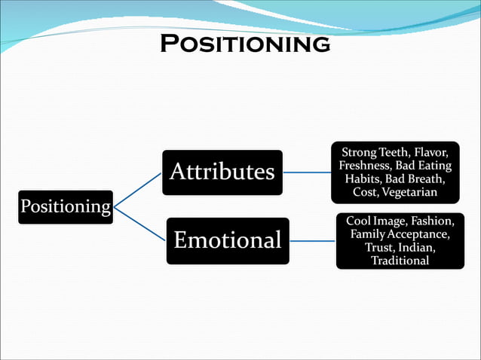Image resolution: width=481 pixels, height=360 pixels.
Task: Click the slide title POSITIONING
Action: coord(245,43)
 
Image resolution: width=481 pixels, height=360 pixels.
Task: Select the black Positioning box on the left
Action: coord(66,206)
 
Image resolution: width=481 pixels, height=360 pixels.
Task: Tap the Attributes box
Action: coord(222,172)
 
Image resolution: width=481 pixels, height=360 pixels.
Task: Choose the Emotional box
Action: coord(227,241)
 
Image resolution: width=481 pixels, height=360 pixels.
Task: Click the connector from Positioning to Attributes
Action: coord(137,189)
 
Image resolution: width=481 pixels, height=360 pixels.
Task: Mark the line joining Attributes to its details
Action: coord(306,172)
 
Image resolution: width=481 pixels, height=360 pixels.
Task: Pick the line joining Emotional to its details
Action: coord(312,242)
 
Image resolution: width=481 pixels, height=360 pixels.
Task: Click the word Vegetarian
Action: coord(409,193)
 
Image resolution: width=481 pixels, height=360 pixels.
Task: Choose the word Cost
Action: coord(365,193)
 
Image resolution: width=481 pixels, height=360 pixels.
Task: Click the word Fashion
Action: coord(430,221)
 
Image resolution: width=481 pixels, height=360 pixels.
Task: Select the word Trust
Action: coord(381,248)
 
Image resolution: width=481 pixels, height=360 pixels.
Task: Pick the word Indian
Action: coord(418,248)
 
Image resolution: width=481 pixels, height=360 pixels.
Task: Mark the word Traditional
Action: coord(400,261)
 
